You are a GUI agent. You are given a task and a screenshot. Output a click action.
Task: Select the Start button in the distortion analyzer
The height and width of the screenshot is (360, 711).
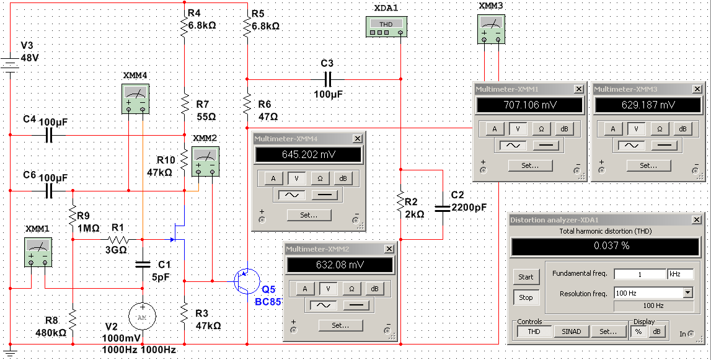coord(526,277)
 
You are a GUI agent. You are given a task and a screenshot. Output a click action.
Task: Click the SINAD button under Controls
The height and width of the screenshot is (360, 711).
coord(571,331)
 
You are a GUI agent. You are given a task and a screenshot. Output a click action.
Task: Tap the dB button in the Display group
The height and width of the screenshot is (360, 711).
coord(656,331)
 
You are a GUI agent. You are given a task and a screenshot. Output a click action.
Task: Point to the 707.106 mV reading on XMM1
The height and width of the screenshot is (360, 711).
coord(529,105)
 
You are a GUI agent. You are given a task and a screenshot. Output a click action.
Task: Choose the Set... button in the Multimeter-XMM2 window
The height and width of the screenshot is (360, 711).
coord(340,325)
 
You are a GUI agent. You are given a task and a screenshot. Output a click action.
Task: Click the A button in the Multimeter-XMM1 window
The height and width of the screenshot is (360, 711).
coord(494,129)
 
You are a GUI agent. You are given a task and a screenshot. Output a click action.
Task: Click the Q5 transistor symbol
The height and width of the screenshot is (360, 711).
coord(246,281)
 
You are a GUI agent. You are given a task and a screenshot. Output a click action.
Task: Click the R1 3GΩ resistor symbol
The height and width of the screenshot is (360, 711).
coord(117,239)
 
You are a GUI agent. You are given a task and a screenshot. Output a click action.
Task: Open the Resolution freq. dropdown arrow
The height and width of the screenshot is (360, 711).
coord(687,293)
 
